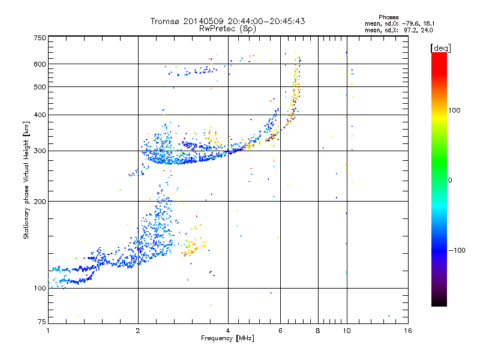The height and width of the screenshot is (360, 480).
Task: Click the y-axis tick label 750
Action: [x=40, y=37]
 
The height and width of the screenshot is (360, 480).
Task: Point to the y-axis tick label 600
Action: [x=40, y=64]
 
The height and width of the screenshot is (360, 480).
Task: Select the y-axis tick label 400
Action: [x=40, y=115]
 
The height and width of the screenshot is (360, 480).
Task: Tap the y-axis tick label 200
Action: [x=40, y=201]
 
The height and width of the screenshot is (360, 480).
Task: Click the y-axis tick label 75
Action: [x=41, y=323]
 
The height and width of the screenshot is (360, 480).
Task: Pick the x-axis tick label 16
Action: [x=407, y=331]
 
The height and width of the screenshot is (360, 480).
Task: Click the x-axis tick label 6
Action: [x=280, y=331]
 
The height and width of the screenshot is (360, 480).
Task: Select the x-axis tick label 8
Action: [x=318, y=331]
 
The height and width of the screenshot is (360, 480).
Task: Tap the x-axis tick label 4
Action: [x=228, y=331]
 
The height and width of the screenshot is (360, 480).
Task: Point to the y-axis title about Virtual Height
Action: [x=26, y=180]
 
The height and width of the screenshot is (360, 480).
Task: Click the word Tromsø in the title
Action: [x=166, y=21]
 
